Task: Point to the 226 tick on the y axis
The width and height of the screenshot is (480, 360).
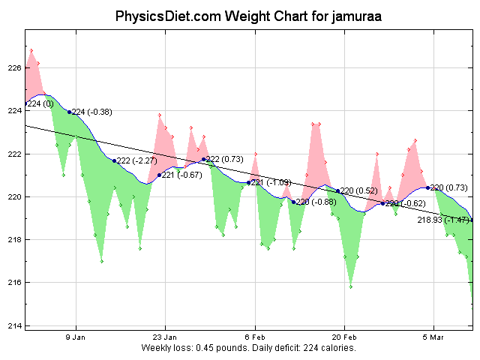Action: (13, 68)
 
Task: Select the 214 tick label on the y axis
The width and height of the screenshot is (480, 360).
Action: (13, 325)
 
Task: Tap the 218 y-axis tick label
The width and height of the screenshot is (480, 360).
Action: (13, 240)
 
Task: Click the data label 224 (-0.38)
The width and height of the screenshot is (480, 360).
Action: (91, 112)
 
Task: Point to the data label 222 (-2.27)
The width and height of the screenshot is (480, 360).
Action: (136, 160)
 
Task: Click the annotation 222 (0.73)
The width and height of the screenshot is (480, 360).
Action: (224, 159)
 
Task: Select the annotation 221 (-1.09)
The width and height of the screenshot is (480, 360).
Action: (271, 182)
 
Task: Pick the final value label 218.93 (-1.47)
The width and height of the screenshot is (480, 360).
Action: (443, 220)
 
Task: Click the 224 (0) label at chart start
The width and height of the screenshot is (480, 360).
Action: (40, 103)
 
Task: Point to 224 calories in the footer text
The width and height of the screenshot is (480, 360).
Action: (331, 349)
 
